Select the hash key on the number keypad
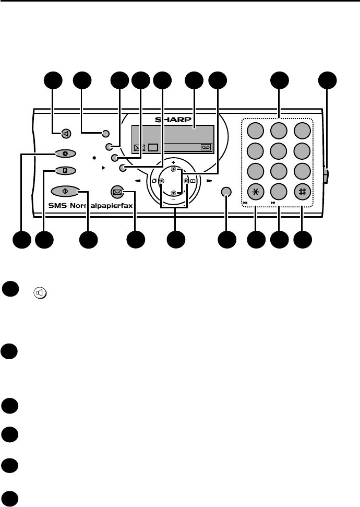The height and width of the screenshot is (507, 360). (x=302, y=191)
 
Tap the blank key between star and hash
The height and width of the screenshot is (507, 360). (x=279, y=191)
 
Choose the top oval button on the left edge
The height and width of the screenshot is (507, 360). (x=66, y=154)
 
